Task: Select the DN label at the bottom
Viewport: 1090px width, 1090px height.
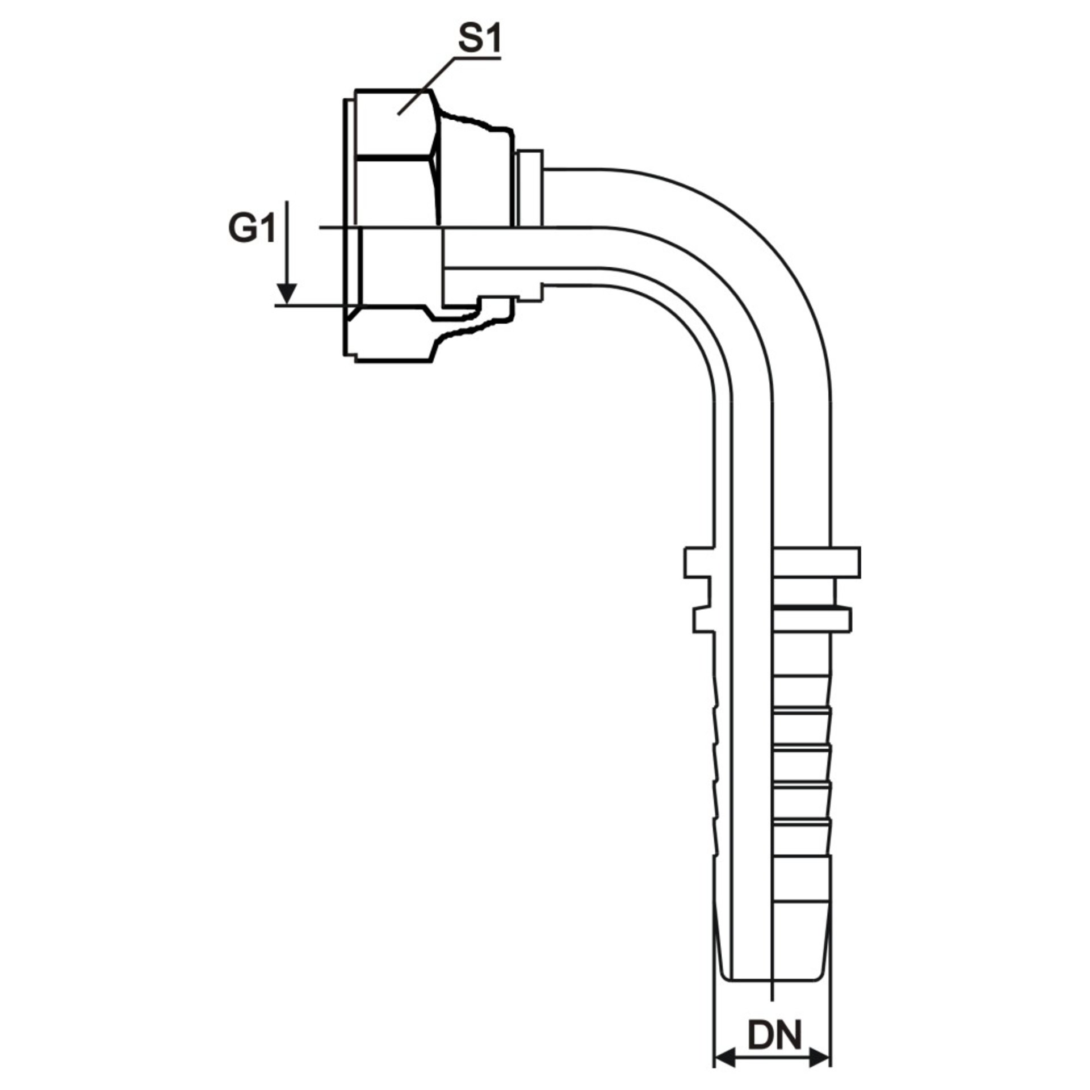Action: [x=774, y=988]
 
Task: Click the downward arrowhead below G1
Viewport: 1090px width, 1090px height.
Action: [x=288, y=294]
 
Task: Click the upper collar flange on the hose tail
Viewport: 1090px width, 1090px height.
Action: [x=773, y=563]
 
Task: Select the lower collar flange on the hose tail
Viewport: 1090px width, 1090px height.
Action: [x=773, y=620]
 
